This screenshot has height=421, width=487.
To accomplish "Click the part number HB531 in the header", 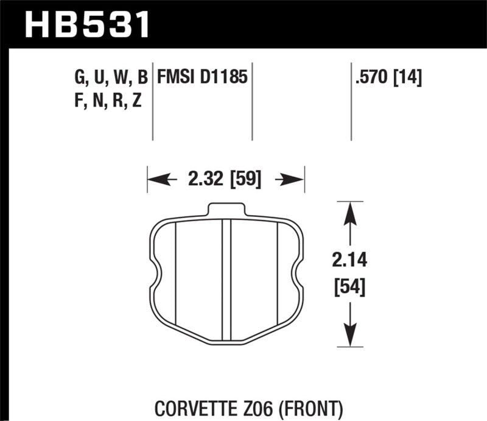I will click(x=86, y=25).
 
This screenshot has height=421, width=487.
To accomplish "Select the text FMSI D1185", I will click(x=202, y=77).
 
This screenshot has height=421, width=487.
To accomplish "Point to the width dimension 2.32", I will click(x=201, y=180).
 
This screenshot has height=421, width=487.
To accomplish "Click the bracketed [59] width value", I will click(x=245, y=180).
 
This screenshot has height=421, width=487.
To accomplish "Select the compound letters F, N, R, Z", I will click(x=107, y=101).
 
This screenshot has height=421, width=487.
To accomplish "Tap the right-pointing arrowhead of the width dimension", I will click(x=295, y=180).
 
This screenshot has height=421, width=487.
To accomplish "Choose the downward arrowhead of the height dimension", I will click(x=349, y=337).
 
